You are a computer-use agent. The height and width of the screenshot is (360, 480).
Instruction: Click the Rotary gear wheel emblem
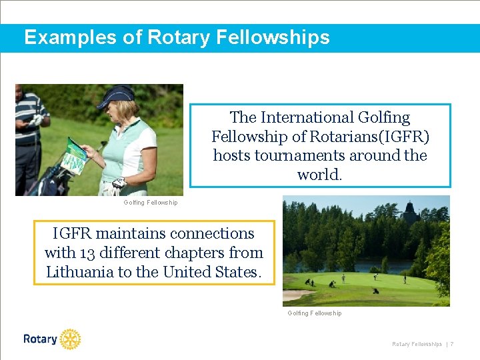tap(70, 339)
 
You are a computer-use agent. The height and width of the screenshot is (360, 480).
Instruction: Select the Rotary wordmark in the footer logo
tap(40, 339)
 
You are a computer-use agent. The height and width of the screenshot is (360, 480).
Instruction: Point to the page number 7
tap(452, 344)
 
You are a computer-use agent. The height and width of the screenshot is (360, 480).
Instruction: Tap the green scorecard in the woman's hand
tap(75, 157)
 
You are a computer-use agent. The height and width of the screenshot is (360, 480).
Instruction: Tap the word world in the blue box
tap(319, 175)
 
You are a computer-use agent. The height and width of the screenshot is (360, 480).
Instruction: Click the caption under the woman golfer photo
tap(151, 203)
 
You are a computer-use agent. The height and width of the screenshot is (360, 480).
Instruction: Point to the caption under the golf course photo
tap(315, 313)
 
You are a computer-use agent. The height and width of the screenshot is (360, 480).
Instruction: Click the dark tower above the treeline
tap(409, 212)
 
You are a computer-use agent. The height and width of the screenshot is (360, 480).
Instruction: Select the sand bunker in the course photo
tap(296, 294)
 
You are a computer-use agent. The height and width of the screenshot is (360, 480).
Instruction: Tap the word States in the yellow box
tap(238, 272)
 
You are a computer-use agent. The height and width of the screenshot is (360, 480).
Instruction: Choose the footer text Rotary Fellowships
tap(417, 344)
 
